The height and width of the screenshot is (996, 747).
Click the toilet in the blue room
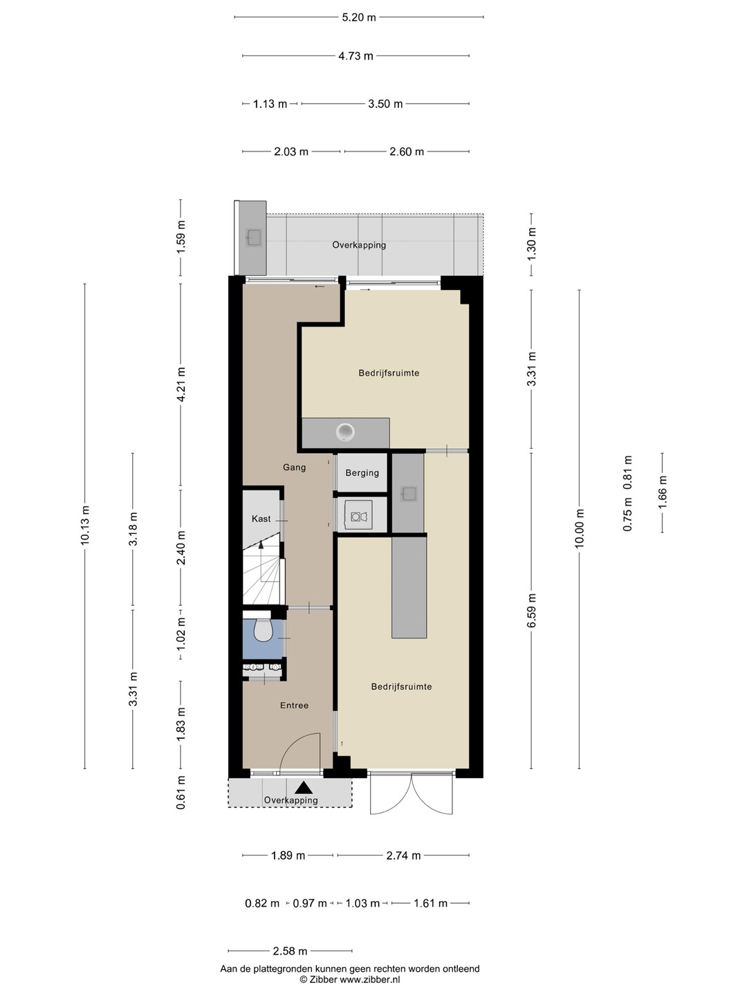tap(263, 630)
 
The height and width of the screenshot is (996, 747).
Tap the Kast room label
tap(261, 519)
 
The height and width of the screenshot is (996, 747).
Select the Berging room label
tap(362, 473)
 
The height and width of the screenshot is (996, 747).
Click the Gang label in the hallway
tap(295, 467)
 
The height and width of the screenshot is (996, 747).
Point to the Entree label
tap(295, 705)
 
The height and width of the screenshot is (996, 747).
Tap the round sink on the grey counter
tap(346, 432)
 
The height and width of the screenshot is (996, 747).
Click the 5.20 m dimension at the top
tap(359, 18)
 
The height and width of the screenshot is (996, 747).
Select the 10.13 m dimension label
tap(85, 526)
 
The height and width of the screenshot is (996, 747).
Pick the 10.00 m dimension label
tap(579, 528)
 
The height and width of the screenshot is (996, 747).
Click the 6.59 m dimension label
tap(532, 610)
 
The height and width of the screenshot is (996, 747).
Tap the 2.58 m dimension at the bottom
tap(290, 950)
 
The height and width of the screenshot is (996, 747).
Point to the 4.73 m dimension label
tap(356, 56)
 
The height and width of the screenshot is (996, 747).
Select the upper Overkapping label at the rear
tap(359, 245)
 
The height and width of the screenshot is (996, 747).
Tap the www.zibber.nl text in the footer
tap(369, 979)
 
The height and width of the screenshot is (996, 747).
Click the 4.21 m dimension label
tap(181, 385)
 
